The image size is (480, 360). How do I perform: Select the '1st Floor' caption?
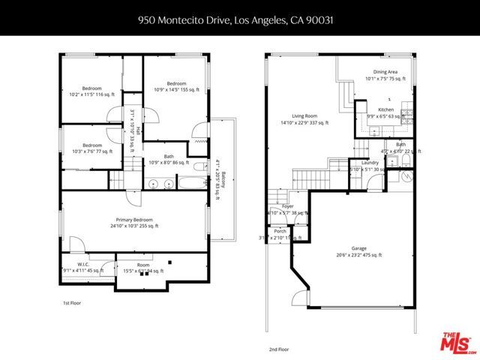click(71, 303)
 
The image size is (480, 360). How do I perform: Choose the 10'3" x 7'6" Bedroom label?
click(91, 148)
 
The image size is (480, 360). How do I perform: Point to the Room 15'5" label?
click(142, 268)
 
